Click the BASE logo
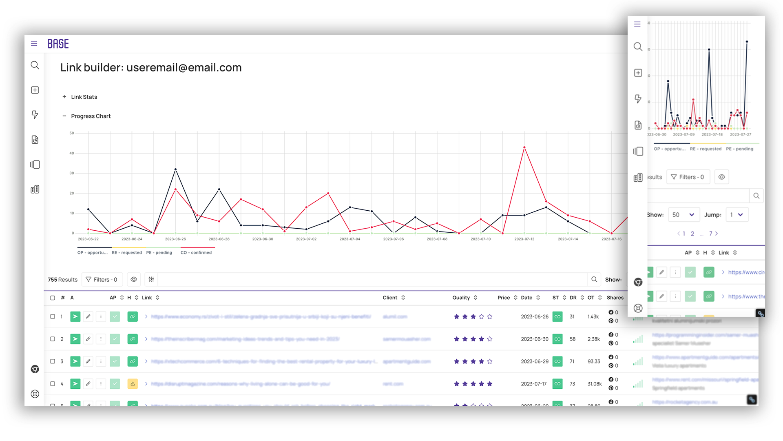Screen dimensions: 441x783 58,44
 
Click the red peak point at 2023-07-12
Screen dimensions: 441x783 524,147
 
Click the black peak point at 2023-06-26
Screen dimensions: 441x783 175,169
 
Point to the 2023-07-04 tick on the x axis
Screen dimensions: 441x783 350,239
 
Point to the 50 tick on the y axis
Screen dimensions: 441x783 72,133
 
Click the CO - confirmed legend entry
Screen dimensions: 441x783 196,252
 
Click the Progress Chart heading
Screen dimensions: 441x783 91,116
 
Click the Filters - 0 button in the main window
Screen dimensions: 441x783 102,280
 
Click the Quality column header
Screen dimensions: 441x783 461,298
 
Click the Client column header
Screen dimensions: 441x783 390,298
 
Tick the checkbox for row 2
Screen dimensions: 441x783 53,339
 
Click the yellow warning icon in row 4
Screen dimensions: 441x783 133,384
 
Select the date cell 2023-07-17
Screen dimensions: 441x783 534,384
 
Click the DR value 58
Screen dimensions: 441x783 573,339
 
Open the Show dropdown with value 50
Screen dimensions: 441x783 683,215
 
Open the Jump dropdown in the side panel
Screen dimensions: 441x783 737,215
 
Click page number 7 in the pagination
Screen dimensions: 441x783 711,234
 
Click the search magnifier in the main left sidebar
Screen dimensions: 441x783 35,65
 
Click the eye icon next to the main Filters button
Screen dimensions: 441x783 134,280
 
